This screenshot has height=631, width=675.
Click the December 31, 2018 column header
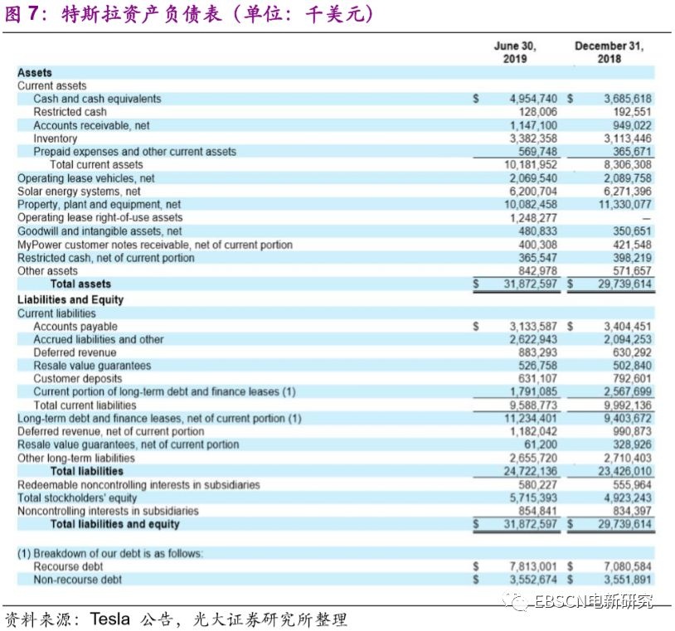click(609, 52)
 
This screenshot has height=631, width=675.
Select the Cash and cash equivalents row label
click(97, 99)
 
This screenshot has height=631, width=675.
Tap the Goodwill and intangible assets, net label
click(100, 231)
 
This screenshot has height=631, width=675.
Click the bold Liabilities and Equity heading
click(70, 299)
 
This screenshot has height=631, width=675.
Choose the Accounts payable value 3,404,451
click(628, 327)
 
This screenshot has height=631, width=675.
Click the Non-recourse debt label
click(77, 580)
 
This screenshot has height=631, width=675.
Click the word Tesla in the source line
click(110, 619)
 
